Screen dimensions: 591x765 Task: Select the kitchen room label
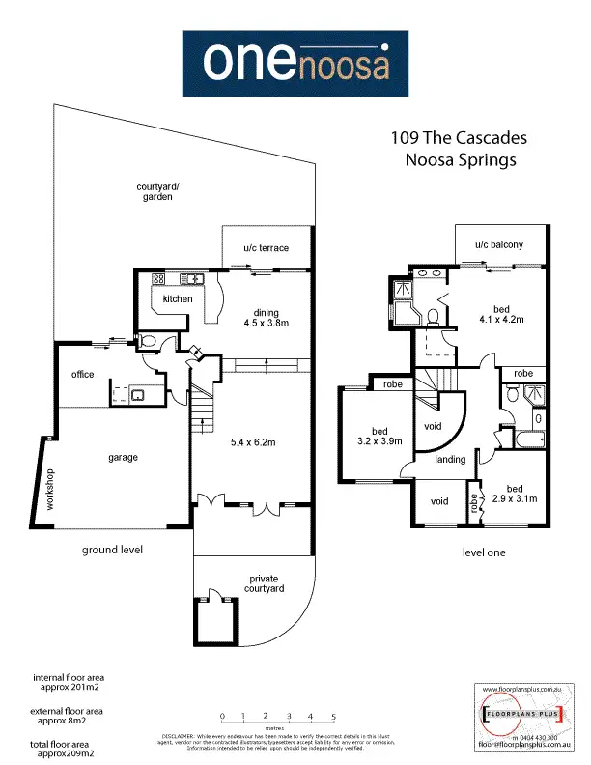pyautogui.click(x=178, y=299)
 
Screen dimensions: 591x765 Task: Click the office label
pyautogui.click(x=82, y=374)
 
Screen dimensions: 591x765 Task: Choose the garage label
pyautogui.click(x=123, y=457)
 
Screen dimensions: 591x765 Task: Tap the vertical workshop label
pyautogui.click(x=42, y=490)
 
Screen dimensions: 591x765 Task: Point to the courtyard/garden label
pyautogui.click(x=154, y=191)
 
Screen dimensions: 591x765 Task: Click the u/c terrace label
pyautogui.click(x=266, y=248)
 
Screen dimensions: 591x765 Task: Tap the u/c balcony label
pyautogui.click(x=498, y=245)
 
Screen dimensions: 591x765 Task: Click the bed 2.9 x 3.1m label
pyautogui.click(x=513, y=493)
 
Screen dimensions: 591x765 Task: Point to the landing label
pyautogui.click(x=451, y=460)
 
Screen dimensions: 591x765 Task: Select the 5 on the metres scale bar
pyautogui.click(x=333, y=716)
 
